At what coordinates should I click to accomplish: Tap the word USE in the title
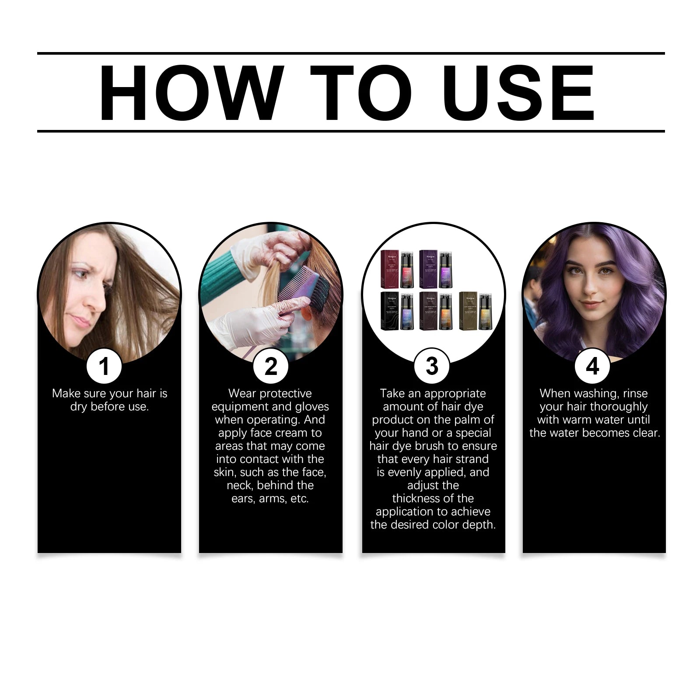click(x=518, y=93)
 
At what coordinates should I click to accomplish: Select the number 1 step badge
click(x=104, y=366)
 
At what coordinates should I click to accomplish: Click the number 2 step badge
click(x=271, y=366)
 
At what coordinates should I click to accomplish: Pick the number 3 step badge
click(x=432, y=366)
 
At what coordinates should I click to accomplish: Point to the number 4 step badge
click(x=592, y=366)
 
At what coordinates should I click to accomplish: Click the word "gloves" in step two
click(x=312, y=406)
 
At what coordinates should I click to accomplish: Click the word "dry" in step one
click(x=79, y=406)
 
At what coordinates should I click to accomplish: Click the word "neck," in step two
click(x=240, y=485)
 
